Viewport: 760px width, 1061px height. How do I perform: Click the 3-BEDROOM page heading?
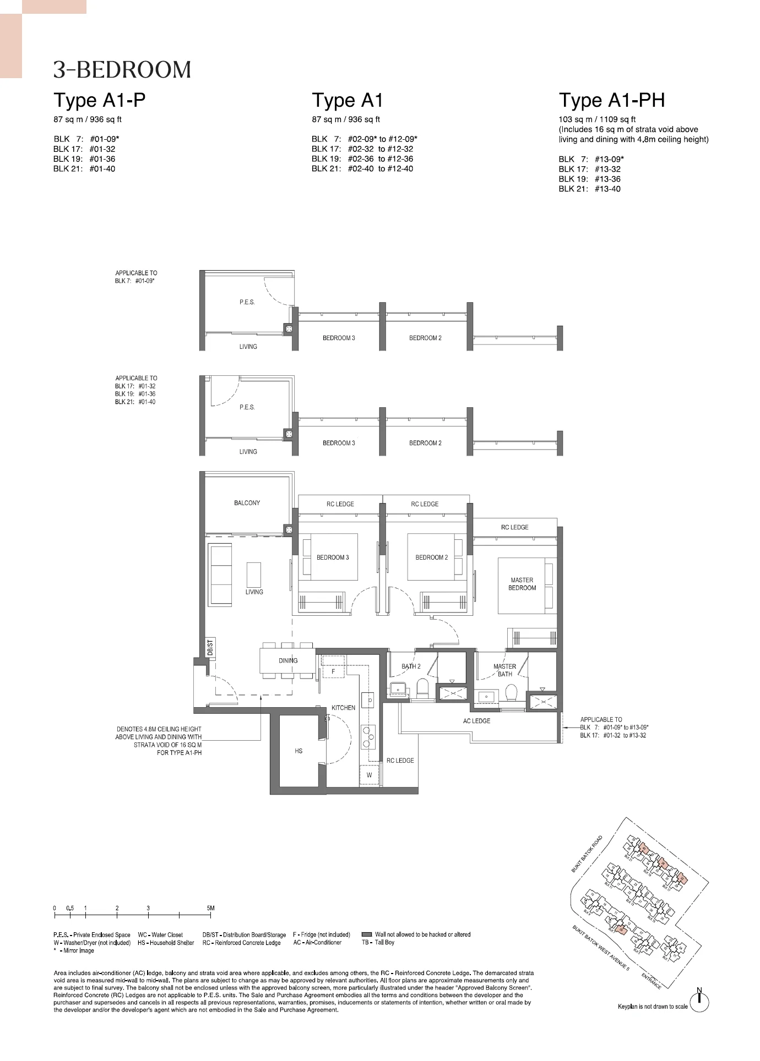click(122, 70)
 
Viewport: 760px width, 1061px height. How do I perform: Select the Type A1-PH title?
click(612, 100)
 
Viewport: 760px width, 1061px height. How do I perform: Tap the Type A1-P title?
click(100, 100)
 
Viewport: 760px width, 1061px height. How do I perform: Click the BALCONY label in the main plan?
click(247, 503)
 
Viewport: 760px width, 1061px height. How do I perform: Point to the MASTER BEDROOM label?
click(522, 584)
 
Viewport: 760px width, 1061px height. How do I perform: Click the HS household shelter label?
click(298, 751)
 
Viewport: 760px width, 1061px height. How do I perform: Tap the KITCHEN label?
click(343, 708)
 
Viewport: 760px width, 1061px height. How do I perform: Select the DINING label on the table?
click(288, 660)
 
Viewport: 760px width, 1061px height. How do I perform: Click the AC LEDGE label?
click(477, 721)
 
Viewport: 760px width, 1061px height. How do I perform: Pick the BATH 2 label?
click(411, 666)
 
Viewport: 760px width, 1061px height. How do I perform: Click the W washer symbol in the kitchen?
click(369, 775)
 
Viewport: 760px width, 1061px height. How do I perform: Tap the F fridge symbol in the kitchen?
click(333, 672)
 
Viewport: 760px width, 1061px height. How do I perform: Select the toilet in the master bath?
click(512, 693)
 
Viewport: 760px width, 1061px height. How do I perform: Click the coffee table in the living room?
click(254, 575)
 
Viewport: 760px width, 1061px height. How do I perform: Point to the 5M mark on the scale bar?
click(210, 908)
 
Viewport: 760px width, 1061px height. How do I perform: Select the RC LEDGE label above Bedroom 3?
click(340, 504)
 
